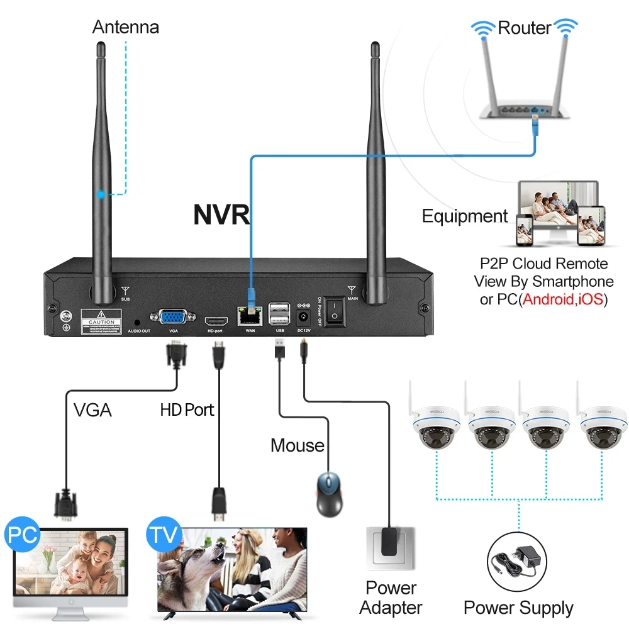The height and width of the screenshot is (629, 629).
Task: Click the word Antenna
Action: coord(126,27)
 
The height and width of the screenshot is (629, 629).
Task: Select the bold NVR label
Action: coord(221,214)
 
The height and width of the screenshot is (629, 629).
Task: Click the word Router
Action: coord(524,27)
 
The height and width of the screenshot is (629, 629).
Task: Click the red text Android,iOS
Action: coord(563,299)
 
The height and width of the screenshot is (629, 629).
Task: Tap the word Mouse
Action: coord(298,445)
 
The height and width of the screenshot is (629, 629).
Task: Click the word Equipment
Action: coord(465,216)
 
